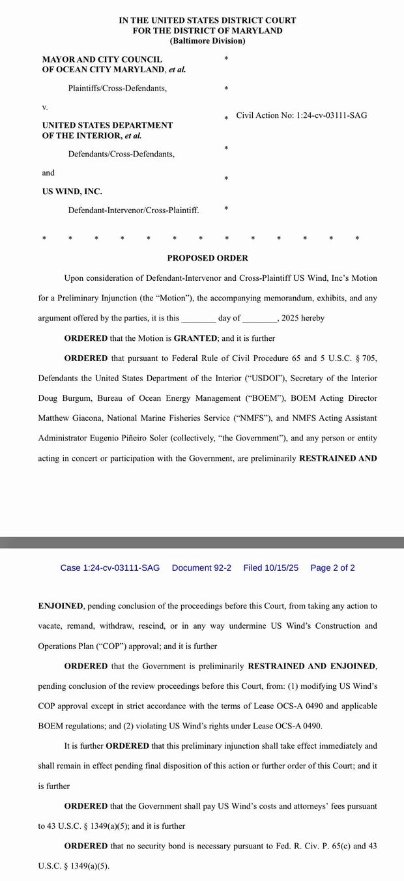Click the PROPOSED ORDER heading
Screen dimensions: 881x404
[x=207, y=258]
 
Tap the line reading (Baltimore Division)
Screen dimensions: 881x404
[x=207, y=40]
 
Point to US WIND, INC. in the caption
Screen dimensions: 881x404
[x=72, y=192]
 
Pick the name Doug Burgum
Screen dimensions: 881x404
[x=59, y=398]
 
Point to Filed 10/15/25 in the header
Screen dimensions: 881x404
[x=270, y=568]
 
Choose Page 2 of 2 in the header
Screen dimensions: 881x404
[x=332, y=568]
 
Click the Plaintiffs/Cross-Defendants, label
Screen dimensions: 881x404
[x=117, y=88]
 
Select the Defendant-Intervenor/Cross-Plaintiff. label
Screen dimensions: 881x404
[x=134, y=210]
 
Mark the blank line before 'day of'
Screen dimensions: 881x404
[x=199, y=319]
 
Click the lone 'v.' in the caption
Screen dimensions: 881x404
[x=45, y=106]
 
